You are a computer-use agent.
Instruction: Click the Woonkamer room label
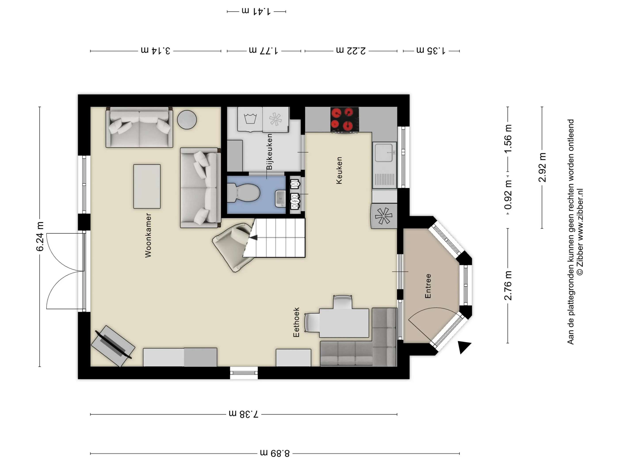click(x=148, y=235)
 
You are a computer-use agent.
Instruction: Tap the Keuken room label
click(x=339, y=170)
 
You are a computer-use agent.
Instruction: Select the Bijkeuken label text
click(x=269, y=152)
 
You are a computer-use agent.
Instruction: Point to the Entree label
click(x=428, y=286)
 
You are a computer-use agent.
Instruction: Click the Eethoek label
click(x=296, y=322)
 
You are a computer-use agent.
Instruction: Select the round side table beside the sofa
click(x=187, y=120)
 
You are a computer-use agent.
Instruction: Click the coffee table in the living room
click(x=147, y=186)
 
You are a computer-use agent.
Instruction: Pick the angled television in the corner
click(x=113, y=346)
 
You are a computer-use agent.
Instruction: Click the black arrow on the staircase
click(x=254, y=238)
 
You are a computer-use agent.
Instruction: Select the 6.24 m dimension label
click(x=40, y=236)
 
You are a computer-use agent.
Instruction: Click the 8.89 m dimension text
click(x=275, y=453)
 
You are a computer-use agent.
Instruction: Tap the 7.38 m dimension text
click(x=244, y=414)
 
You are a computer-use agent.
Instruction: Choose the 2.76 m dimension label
click(x=508, y=286)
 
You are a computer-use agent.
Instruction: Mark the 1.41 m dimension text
click(x=256, y=12)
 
